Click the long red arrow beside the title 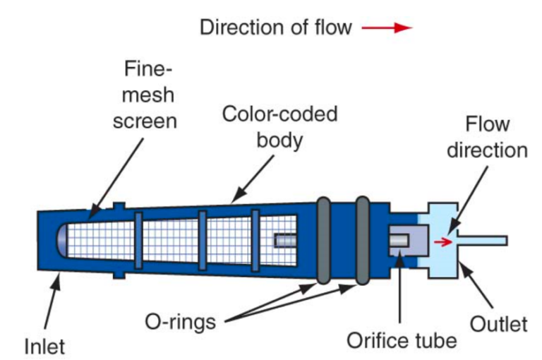point(387,28)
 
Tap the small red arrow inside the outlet point(442,241)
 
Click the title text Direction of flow point(275,28)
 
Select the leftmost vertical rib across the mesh point(139,240)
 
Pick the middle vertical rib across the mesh point(201,240)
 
